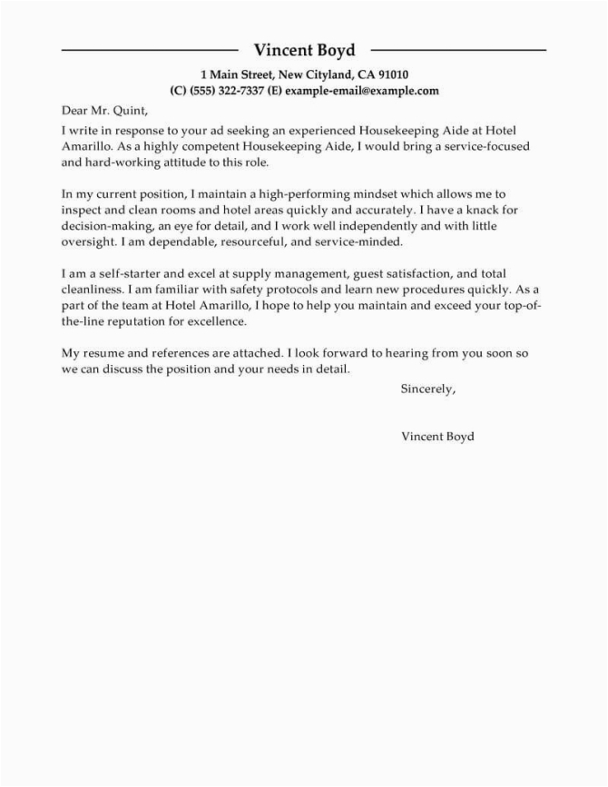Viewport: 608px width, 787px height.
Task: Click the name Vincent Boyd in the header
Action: (304, 49)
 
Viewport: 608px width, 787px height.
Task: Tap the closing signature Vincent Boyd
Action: (436, 436)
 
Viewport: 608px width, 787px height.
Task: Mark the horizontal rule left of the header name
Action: (149, 48)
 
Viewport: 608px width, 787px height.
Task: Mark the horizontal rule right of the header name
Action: (459, 48)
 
